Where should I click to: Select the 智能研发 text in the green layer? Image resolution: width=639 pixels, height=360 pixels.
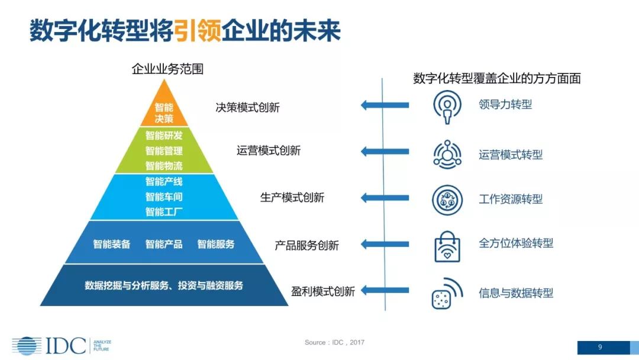tap(164, 136)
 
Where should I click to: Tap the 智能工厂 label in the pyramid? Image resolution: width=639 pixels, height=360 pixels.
tap(164, 211)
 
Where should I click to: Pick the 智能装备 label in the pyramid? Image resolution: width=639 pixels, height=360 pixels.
tap(111, 244)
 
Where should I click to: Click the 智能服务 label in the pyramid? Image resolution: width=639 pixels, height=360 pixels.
tap(216, 244)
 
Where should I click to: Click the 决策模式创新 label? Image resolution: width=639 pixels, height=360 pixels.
tap(247, 108)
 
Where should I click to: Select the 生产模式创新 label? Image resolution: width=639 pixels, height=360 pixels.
tap(292, 198)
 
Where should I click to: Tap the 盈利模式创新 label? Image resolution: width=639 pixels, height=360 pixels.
tap(323, 291)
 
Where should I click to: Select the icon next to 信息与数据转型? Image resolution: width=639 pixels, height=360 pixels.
tap(447, 293)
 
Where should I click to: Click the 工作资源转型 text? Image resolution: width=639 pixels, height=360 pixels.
tap(511, 199)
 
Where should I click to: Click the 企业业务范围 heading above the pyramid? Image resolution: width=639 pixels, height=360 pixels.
tap(167, 69)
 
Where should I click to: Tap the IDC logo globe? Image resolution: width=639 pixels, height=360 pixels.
tap(27, 346)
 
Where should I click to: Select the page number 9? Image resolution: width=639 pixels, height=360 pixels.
tap(600, 347)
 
